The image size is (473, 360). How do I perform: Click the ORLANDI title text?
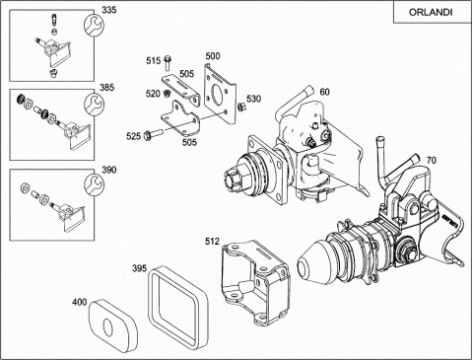(x=431, y=12)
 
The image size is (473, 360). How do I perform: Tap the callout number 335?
(x=108, y=10)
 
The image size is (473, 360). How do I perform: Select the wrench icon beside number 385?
(x=94, y=104)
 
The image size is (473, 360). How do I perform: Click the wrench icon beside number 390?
(x=94, y=184)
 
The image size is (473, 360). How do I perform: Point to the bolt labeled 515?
(x=167, y=63)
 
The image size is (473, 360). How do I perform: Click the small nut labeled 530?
(x=240, y=107)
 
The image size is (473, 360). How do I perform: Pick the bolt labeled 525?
(x=152, y=134)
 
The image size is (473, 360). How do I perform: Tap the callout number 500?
(x=213, y=56)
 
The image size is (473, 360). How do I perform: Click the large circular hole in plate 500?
(x=218, y=95)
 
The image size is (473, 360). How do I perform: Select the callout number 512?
(x=212, y=241)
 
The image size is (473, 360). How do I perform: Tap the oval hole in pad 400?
(x=107, y=327)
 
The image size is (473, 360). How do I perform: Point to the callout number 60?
(x=324, y=92)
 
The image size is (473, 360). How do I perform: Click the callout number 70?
(x=432, y=160)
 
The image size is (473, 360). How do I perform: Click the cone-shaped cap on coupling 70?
(x=310, y=263)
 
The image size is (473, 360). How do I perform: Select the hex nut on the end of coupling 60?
(x=235, y=180)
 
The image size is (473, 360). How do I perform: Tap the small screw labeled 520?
(x=167, y=94)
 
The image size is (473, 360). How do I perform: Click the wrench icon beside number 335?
(x=94, y=26)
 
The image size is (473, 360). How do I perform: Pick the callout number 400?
(x=79, y=302)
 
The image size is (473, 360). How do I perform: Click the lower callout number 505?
(x=189, y=142)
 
